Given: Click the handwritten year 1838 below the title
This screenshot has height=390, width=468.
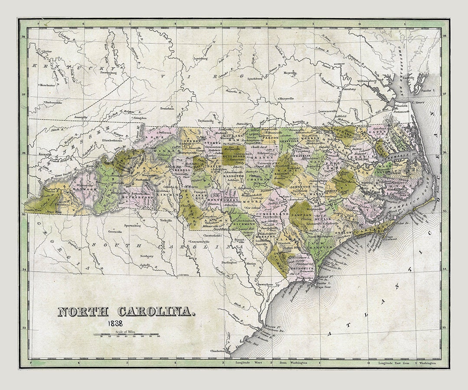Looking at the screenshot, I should click(x=116, y=323).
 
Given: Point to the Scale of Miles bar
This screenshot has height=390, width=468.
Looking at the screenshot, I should click(x=127, y=334).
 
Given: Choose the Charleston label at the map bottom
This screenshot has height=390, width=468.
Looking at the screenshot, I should click(x=217, y=351).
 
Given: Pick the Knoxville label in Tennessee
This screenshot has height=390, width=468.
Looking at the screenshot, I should click(x=45, y=154).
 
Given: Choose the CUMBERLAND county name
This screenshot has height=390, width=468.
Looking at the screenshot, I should click(x=272, y=214).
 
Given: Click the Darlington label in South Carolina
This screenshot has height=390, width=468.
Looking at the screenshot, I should click(x=229, y=263).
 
